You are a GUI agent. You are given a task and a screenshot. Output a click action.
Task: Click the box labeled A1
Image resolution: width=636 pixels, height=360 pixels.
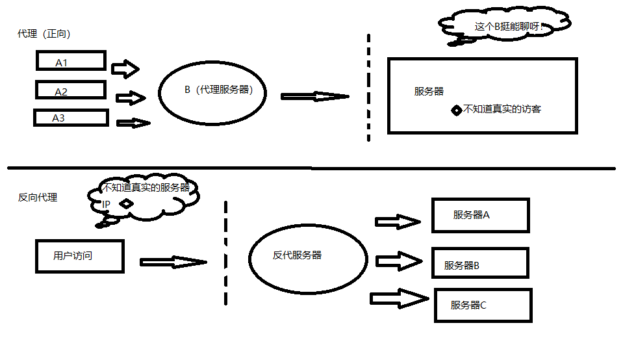point(70,62)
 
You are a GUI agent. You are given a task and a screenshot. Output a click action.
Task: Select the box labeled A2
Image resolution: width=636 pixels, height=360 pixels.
point(70,90)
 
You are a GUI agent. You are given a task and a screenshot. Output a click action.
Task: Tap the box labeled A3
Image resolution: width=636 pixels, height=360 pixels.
point(70,118)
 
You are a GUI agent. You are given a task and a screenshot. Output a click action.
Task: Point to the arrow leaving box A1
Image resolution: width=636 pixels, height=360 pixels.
point(125,68)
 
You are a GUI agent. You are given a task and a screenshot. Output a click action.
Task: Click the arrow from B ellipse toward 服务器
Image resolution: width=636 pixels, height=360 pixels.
point(314,96)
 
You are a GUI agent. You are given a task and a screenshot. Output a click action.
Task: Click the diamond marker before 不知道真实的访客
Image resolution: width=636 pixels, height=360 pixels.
point(456,110)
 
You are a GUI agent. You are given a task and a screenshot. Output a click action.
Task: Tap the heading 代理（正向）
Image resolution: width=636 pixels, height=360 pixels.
point(44,34)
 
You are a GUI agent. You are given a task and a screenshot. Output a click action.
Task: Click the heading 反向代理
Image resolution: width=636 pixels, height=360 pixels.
point(38,197)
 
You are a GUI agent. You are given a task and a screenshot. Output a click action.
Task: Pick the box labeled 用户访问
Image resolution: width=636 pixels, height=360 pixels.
point(79,255)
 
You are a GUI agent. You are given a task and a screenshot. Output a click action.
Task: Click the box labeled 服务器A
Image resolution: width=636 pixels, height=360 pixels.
point(480,215)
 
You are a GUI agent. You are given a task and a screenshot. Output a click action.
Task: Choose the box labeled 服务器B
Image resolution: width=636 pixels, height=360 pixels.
point(480,263)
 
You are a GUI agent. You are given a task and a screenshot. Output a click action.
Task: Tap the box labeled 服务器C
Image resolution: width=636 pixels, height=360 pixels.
point(482,305)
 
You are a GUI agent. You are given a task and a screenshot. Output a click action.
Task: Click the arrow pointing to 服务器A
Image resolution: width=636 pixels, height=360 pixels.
point(398,222)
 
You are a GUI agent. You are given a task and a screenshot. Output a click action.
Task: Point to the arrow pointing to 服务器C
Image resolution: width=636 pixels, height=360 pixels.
point(399,298)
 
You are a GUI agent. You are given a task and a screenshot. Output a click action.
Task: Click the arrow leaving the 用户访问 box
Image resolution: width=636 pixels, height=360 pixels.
point(172,262)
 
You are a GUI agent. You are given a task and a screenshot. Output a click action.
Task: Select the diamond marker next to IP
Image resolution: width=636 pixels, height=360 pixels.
point(126,203)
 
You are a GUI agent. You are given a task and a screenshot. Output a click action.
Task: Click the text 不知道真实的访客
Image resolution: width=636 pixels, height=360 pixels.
point(502,109)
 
